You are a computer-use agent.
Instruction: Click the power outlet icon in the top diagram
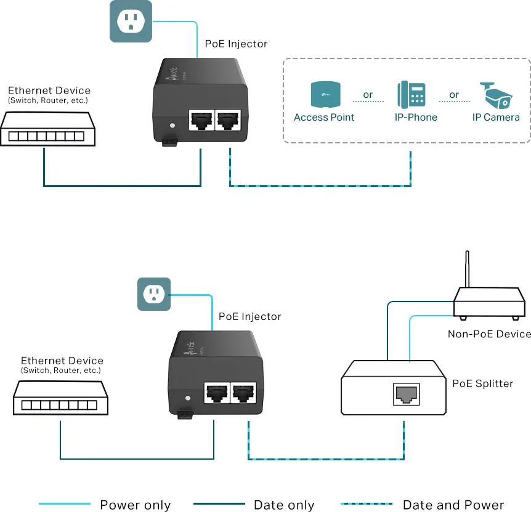coord(131,22)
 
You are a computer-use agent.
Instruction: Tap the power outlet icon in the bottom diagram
coord(154,294)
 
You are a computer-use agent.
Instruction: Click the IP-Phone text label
coord(416,118)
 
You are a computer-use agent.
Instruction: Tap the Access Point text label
coord(324,118)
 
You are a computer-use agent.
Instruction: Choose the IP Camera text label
coord(496,118)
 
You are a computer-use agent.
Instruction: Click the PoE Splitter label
coord(482,383)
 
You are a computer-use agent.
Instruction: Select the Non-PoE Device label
coord(489,334)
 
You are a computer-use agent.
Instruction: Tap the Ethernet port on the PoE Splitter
coord(406,393)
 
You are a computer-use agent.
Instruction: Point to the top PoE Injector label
coord(236,44)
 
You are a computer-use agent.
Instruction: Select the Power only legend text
coord(135,505)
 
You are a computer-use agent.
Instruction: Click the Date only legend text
coord(284,505)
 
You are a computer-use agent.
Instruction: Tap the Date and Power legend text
coord(453,505)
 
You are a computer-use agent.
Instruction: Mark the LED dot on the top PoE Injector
coord(171,126)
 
